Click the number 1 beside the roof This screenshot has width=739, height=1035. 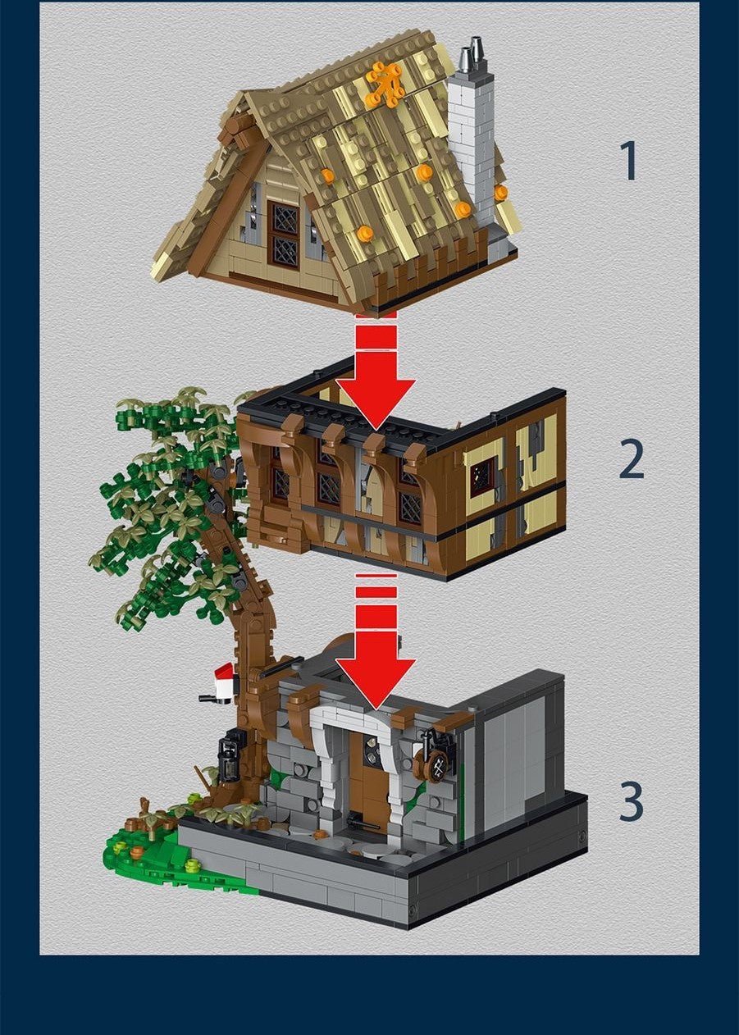click(x=629, y=161)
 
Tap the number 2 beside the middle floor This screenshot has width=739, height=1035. click(x=631, y=462)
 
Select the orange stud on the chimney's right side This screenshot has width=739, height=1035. click(x=500, y=193)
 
